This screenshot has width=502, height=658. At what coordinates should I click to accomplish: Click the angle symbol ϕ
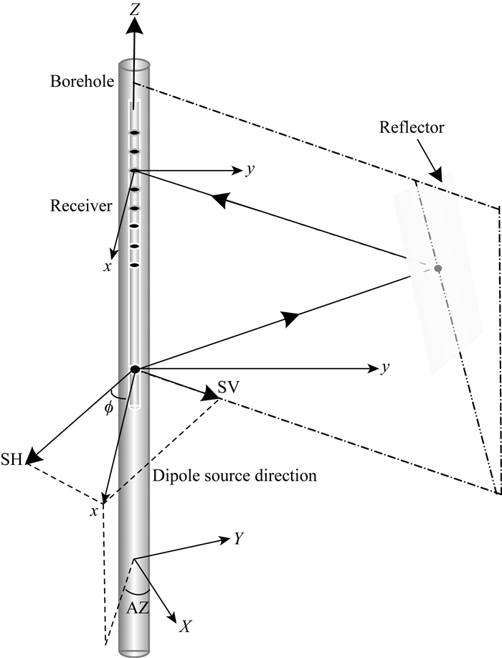click(109, 410)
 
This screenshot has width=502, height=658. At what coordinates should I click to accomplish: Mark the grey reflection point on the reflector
click(438, 268)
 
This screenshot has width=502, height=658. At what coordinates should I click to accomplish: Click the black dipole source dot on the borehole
click(134, 369)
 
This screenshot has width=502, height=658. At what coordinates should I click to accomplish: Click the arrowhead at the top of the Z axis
click(134, 24)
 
